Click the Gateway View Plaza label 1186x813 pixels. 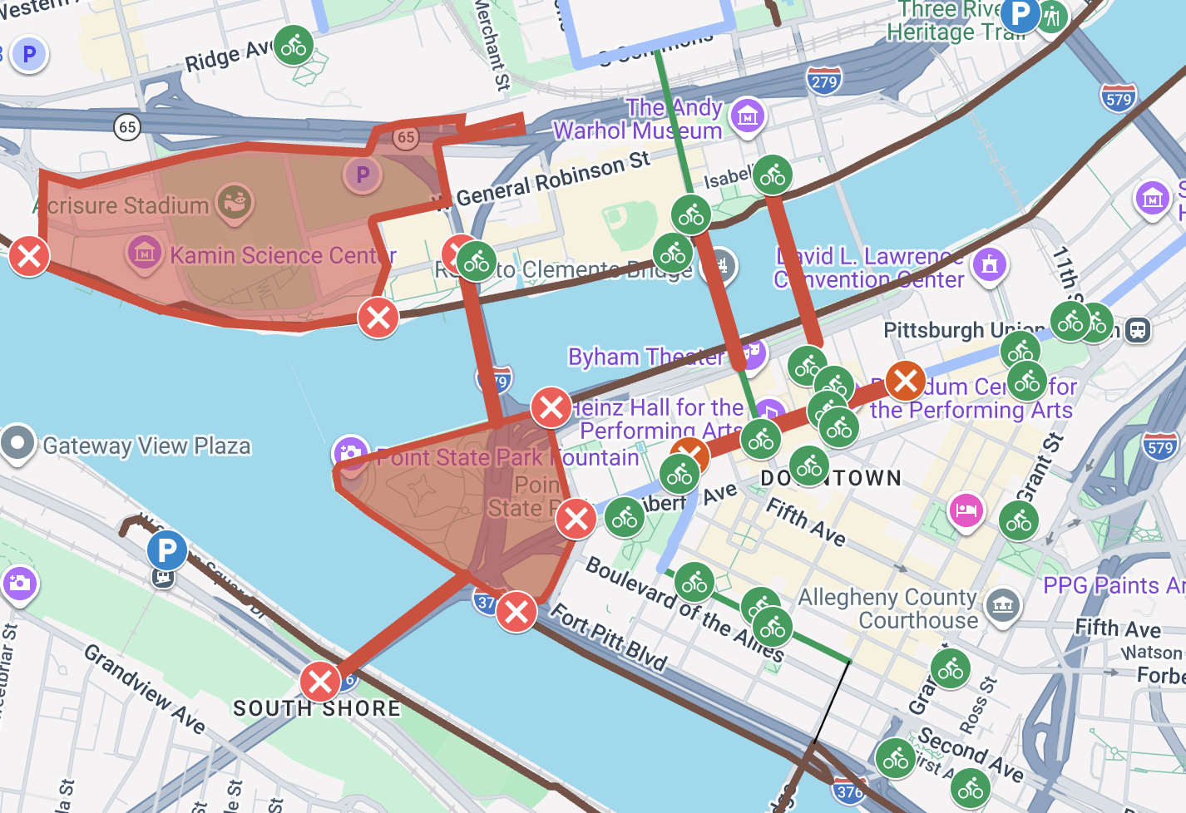tap(146, 446)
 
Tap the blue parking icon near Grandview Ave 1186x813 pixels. tap(167, 550)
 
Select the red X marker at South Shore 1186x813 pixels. tap(319, 682)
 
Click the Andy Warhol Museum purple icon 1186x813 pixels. tap(747, 116)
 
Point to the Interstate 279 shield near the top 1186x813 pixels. tap(823, 81)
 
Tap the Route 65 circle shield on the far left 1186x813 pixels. tap(126, 127)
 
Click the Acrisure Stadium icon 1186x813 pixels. tap(235, 201)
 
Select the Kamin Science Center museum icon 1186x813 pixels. tap(144, 250)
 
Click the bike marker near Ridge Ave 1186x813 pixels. tap(294, 46)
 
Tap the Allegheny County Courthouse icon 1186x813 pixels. tap(1002, 605)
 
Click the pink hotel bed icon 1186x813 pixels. tap(965, 510)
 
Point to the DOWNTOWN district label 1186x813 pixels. tap(831, 478)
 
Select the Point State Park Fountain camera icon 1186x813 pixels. tap(350, 453)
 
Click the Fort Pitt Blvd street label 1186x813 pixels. tap(610, 638)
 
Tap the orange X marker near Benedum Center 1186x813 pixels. tap(906, 381)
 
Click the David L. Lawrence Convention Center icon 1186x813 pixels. tap(988, 266)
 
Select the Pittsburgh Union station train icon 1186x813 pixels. tap(1137, 331)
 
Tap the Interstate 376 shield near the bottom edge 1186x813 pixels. tap(848, 791)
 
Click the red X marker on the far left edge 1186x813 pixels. tap(29, 256)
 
